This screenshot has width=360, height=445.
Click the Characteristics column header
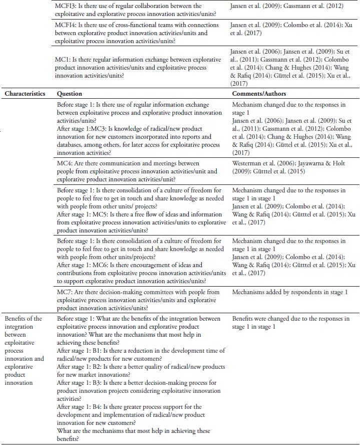[25, 94]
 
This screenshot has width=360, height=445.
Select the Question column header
[70, 94]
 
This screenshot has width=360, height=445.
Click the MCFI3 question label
[68, 7]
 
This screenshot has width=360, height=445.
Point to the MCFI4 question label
[68, 24]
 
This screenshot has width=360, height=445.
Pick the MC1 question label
[64, 60]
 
